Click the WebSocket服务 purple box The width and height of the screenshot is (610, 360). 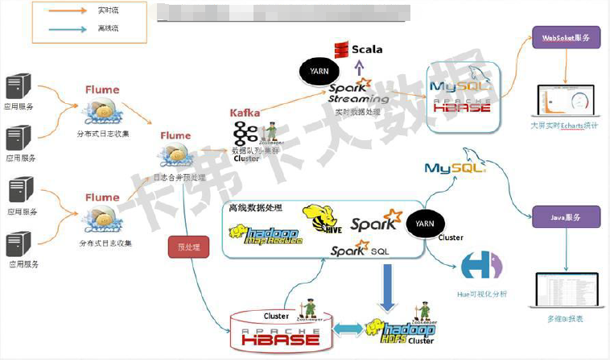(566, 37)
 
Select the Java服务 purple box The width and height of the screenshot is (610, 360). (566, 217)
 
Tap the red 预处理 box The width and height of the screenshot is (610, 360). (188, 246)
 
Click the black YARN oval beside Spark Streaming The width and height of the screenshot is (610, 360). (319, 71)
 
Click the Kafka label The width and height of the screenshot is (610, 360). (245, 113)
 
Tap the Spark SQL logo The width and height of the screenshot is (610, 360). (360, 250)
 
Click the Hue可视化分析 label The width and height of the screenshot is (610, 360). (482, 294)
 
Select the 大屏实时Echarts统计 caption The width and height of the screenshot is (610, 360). (565, 126)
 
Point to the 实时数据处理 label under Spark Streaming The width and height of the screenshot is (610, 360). (359, 112)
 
